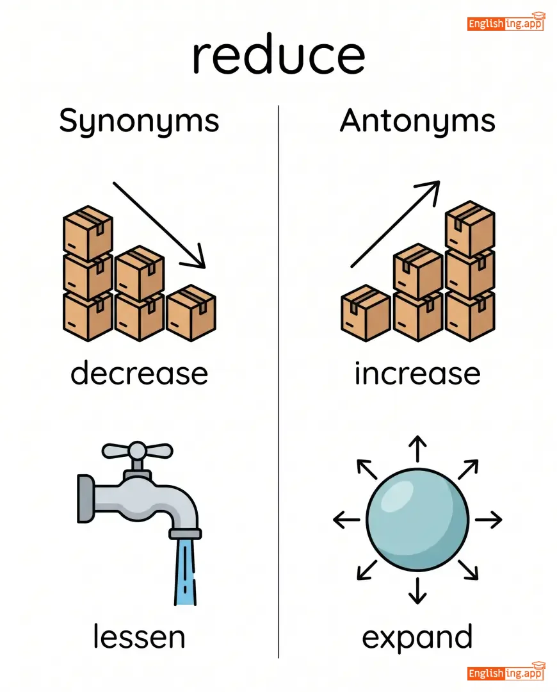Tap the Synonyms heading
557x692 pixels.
click(139, 121)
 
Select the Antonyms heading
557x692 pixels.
click(417, 121)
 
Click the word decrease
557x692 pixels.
click(139, 374)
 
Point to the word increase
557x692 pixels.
click(417, 374)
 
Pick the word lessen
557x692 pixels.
click(139, 637)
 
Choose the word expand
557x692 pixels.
click(417, 637)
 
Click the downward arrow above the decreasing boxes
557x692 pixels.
click(160, 224)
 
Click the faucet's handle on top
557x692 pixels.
click(137, 450)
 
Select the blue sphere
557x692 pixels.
click(417, 520)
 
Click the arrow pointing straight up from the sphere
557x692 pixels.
click(417, 449)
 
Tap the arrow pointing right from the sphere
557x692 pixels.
click(488, 520)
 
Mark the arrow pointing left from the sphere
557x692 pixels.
click(346, 520)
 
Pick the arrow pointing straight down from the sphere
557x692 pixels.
click(417, 591)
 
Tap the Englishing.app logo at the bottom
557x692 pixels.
click(506, 672)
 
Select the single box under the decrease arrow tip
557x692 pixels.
click(191, 313)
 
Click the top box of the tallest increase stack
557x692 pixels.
click(470, 229)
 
